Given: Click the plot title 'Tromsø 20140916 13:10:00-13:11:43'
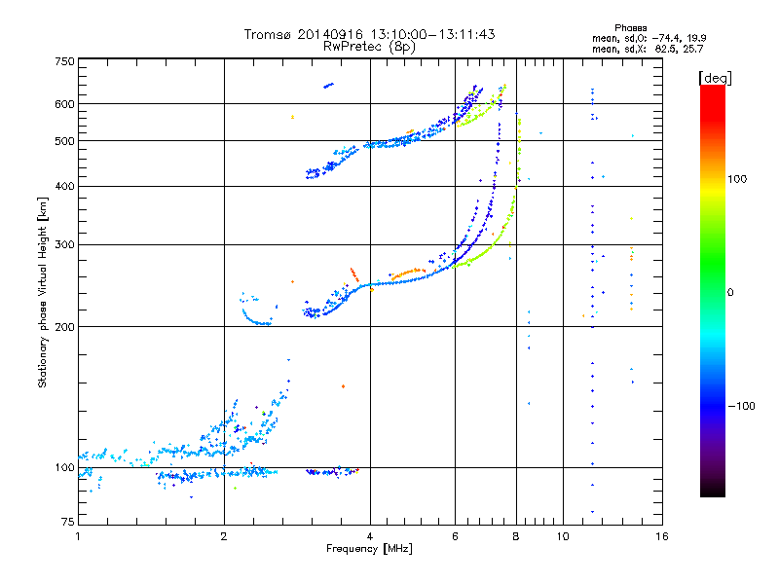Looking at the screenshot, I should click(370, 34).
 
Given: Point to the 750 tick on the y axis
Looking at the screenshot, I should click(64, 61).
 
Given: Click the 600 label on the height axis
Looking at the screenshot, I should click(64, 103).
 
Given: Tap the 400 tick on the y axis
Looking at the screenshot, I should click(64, 186).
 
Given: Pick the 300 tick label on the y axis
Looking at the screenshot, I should click(64, 244).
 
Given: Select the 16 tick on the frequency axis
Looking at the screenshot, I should click(661, 536).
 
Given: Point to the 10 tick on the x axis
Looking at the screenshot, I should click(563, 536).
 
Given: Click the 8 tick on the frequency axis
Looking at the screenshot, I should click(516, 536).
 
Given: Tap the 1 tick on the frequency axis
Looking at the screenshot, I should click(78, 536).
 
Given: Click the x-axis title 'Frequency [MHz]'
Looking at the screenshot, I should click(370, 549).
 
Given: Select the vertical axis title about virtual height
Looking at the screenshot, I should click(43, 292).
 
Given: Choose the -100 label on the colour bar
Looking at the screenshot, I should click(741, 406).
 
